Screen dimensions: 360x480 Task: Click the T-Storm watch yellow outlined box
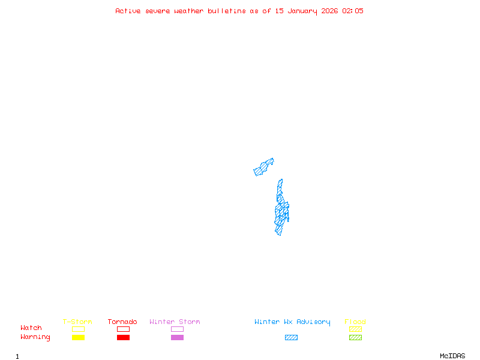pos(78,329)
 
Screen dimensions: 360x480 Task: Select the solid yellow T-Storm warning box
pos(78,337)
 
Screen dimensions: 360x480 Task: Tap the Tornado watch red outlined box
pos(123,329)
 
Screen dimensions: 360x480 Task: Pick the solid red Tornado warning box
pos(123,337)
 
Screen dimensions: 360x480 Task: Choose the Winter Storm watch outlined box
pos(177,329)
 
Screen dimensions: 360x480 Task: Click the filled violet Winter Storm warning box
pos(177,337)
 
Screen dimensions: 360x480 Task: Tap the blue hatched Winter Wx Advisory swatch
pos(291,337)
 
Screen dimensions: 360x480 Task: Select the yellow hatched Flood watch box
pos(355,329)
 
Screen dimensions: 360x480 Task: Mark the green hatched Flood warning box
pos(355,337)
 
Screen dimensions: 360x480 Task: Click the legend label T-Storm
pos(77,322)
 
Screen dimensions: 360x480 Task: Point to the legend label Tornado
pos(122,322)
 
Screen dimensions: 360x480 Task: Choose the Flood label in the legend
pos(355,322)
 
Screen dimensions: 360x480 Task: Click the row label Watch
pos(31,328)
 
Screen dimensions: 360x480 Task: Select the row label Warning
pos(35,337)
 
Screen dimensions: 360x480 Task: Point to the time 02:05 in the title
pos(352,11)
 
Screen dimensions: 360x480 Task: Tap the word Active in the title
pos(128,11)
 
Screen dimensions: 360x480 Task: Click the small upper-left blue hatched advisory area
pos(263,167)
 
